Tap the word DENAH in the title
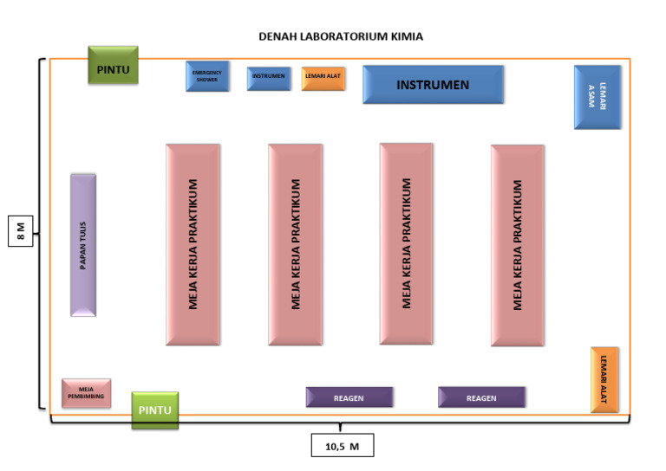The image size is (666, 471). [277, 37]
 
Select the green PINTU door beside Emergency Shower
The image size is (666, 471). [113, 65]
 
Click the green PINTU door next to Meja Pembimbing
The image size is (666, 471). [155, 410]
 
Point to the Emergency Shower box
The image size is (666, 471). [207, 76]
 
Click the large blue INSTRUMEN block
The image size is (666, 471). [433, 85]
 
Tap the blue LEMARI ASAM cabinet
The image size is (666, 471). [597, 97]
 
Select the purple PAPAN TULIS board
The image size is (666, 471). [83, 245]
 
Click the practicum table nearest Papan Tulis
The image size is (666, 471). [193, 245]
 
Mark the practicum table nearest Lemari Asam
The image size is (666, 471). [518, 245]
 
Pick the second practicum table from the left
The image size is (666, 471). [296, 245]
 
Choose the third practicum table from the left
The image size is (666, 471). [407, 243]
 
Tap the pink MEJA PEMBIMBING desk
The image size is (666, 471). [87, 392]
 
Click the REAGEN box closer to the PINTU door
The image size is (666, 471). [349, 397]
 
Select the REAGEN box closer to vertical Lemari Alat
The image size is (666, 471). [481, 397]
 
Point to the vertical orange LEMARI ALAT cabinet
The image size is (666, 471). [604, 379]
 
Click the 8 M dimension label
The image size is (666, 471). [21, 231]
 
